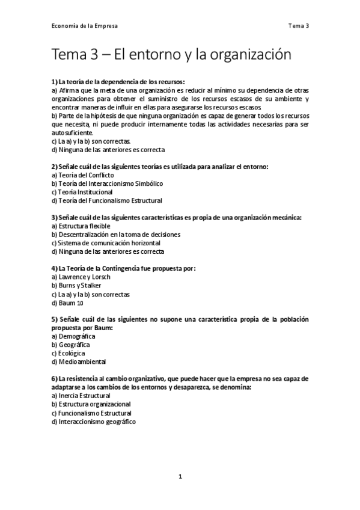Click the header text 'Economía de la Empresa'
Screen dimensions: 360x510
tap(84, 26)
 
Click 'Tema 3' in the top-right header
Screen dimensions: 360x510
tap(298, 26)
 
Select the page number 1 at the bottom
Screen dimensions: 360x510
tap(180, 476)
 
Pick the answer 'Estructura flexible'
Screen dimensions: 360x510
tap(81, 226)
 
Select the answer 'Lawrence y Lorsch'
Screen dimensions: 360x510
tap(82, 277)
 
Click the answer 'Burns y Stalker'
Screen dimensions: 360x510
tap(76, 285)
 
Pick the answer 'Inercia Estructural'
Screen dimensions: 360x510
tap(82, 396)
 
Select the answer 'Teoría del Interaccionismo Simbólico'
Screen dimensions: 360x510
tap(107, 183)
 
